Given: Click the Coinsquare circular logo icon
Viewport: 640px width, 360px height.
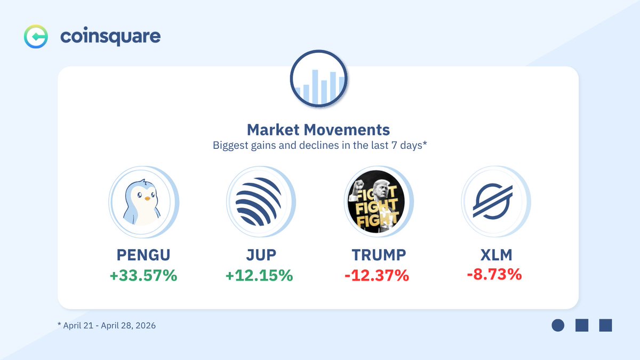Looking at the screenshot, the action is (36, 37).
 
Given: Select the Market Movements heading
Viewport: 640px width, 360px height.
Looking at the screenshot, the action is (318, 130).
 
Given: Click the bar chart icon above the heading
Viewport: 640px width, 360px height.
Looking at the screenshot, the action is (318, 78).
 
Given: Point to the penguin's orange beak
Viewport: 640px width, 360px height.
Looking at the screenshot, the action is (147, 198).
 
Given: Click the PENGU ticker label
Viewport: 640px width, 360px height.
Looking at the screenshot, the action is (143, 255).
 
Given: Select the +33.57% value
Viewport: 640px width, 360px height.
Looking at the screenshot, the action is (143, 275).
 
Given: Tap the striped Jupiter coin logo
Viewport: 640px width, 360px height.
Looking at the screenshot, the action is (258, 202).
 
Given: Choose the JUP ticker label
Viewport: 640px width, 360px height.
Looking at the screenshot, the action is (261, 255).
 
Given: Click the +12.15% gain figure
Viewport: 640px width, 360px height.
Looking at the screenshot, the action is (259, 275).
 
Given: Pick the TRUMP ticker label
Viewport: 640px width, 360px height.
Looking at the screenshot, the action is (379, 255).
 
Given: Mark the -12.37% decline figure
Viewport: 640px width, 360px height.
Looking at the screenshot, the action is (377, 275).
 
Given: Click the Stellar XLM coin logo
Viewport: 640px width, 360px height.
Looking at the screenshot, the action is (493, 201).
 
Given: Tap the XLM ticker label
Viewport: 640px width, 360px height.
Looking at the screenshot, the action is (497, 255).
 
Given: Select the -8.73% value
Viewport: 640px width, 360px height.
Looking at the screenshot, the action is (494, 274).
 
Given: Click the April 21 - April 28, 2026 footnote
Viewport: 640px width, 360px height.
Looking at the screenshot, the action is (107, 326).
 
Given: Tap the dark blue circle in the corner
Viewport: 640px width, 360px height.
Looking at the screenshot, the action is (558, 325).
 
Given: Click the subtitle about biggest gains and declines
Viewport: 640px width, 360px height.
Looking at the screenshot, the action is (319, 146).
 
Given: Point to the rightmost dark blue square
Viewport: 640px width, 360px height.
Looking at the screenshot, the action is (605, 325).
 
